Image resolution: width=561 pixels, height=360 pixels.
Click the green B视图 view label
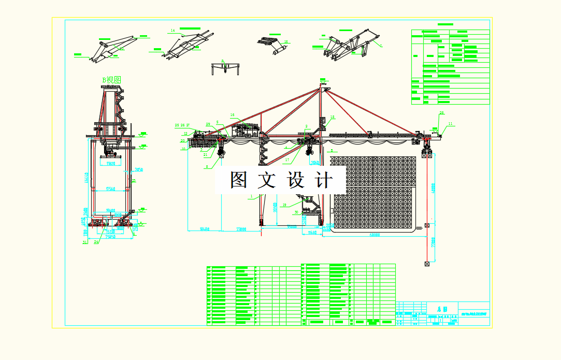pyautogui.click(x=111, y=80)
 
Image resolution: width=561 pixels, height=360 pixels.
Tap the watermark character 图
pyautogui.click(x=239, y=180)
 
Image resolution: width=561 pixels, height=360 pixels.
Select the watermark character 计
pyautogui.click(x=324, y=180)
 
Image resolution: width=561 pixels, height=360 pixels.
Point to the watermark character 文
pyautogui.click(x=267, y=180)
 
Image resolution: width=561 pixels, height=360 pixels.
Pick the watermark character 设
pyautogui.click(x=296, y=180)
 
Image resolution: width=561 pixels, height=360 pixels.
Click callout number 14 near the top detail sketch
pyautogui.click(x=172, y=31)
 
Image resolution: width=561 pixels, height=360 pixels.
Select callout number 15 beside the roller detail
pyautogui.click(x=286, y=42)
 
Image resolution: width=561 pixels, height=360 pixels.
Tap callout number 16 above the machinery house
pyautogui.click(x=233, y=114)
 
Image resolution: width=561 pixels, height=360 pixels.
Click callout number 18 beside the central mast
pyautogui.click(x=333, y=117)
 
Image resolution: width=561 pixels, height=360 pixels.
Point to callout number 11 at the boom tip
pyautogui.click(x=450, y=123)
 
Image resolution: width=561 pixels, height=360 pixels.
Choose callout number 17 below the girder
pyautogui.click(x=287, y=160)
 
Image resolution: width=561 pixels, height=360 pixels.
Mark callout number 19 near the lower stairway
pyautogui.click(x=284, y=205)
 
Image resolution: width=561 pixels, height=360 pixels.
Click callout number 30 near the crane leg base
pyautogui.click(x=296, y=212)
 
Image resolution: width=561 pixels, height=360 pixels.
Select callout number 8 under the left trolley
pyautogui.click(x=207, y=166)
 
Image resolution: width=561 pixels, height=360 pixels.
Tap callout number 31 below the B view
pyautogui.click(x=84, y=241)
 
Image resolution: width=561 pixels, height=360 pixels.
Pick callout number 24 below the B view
pyautogui.click(x=96, y=241)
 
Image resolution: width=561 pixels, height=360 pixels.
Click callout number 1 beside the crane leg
pyautogui.click(x=252, y=196)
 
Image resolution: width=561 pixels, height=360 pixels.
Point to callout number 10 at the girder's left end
pyautogui.click(x=183, y=149)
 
